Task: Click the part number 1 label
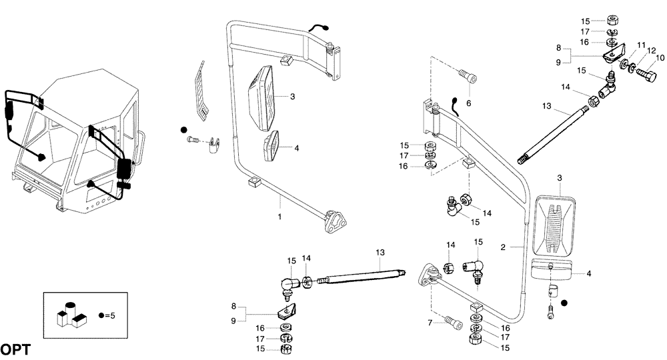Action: (280, 217)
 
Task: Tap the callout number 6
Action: (468, 103)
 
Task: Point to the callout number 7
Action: (431, 323)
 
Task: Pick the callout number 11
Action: (641, 45)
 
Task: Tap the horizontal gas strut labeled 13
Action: (360, 273)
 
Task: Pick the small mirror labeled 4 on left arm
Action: (271, 147)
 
